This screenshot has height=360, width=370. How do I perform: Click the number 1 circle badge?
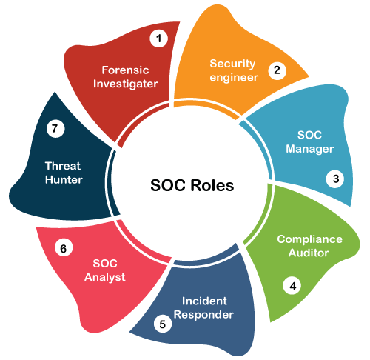click(159, 39)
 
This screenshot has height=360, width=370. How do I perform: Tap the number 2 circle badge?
click(277, 70)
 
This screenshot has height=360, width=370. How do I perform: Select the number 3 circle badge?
click(335, 179)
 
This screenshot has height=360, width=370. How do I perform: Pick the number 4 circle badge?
click(292, 286)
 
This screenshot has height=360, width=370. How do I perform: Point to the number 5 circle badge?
click(163, 324)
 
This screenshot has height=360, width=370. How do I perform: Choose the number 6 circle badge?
click(64, 247)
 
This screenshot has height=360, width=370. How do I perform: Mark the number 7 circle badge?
click(55, 128)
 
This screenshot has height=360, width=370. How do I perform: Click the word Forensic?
click(125, 70)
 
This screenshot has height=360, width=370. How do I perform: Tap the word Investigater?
click(126, 84)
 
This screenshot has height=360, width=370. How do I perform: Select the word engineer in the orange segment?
click(234, 78)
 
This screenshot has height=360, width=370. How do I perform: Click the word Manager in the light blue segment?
click(310, 149)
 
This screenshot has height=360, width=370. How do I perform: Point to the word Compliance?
click(309, 239)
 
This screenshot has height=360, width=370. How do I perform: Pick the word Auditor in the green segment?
click(309, 253)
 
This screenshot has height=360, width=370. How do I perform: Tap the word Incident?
click(204, 301)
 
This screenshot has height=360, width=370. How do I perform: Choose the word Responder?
click(203, 315)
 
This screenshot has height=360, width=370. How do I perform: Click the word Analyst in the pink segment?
click(105, 277)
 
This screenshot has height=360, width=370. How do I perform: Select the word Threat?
click(63, 166)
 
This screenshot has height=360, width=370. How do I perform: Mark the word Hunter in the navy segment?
click(64, 179)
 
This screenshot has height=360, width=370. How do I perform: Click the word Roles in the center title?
click(212, 185)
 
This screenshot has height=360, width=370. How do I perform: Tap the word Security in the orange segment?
click(232, 64)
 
